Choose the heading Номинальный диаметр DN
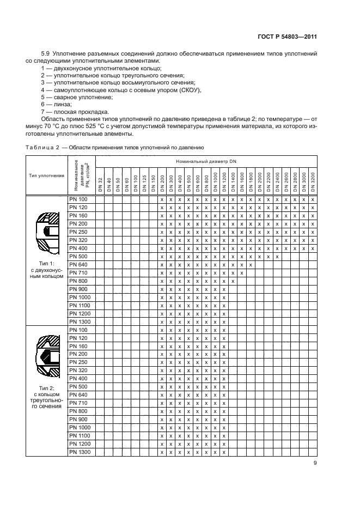pos(206,162)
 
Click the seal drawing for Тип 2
pos(46,359)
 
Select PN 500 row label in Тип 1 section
pos(79,256)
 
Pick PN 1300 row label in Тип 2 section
pos(79,453)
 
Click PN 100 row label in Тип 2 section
pos(79,330)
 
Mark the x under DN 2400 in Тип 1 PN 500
pos(277,256)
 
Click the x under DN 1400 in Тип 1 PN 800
pos(233,281)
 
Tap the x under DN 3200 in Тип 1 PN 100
pos(313,199)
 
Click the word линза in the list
pos(60,104)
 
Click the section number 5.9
pos(46,54)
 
